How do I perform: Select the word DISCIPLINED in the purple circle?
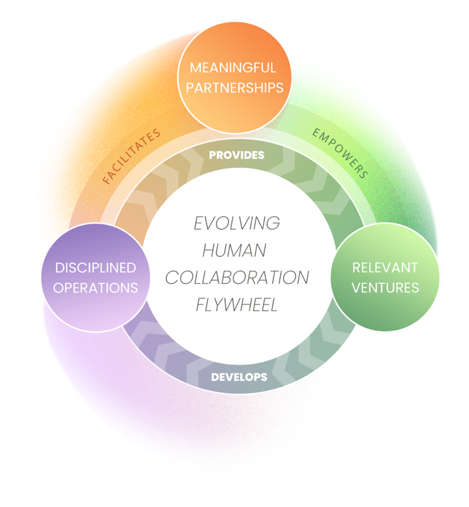[95, 268]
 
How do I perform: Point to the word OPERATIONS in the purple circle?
[95, 288]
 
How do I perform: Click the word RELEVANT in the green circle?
[385, 268]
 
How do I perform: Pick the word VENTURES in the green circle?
[385, 288]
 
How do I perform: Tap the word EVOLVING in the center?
[236, 223]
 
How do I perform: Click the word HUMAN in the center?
[234, 251]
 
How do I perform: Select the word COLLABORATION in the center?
[237, 278]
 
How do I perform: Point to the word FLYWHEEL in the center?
[237, 305]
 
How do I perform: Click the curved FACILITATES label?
[131, 156]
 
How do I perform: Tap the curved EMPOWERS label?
[340, 153]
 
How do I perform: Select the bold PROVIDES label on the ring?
[236, 155]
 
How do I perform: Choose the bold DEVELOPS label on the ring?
[239, 377]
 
